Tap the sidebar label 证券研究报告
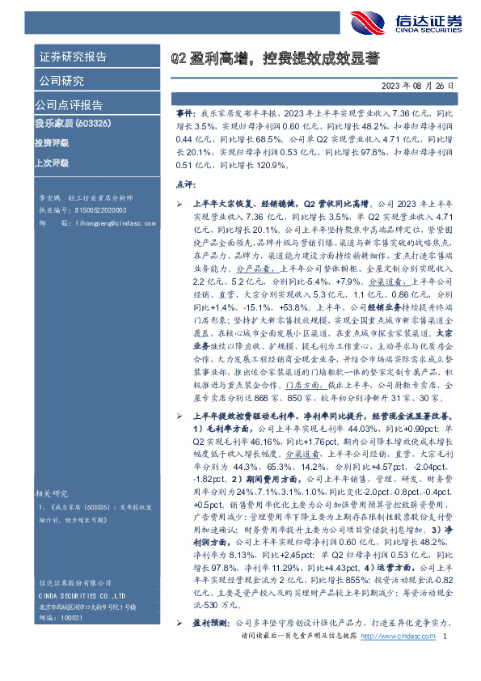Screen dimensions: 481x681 tap(73, 57)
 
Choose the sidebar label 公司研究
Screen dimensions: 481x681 tap(61, 81)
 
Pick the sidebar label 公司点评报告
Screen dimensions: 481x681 tap(68, 105)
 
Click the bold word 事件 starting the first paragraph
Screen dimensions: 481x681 tap(185, 116)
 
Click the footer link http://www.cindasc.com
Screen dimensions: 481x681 tap(396, 659)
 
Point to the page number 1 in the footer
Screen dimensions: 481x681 tap(446, 659)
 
